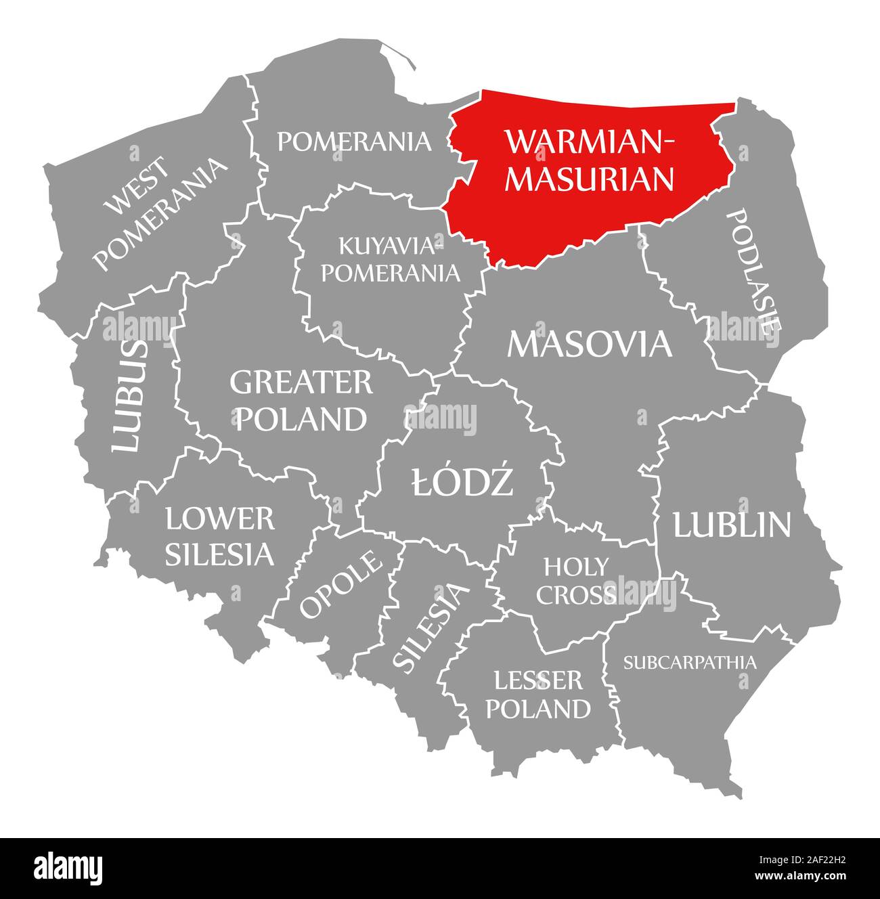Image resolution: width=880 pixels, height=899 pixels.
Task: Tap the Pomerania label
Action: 354,141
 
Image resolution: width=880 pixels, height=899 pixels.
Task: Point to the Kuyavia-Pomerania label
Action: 389,259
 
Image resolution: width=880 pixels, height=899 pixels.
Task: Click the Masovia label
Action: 590,344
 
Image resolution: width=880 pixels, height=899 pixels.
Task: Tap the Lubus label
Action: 129,395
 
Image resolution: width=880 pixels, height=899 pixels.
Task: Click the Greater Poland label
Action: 301,401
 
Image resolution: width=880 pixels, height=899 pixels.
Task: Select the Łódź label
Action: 462,482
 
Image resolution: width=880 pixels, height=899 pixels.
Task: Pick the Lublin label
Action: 731,525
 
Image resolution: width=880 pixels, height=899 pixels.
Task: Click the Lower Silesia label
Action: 220,536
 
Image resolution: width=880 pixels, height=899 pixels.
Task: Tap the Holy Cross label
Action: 576,580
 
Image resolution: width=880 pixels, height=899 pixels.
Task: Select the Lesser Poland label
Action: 538,695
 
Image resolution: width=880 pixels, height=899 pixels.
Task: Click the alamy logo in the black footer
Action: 68,867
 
